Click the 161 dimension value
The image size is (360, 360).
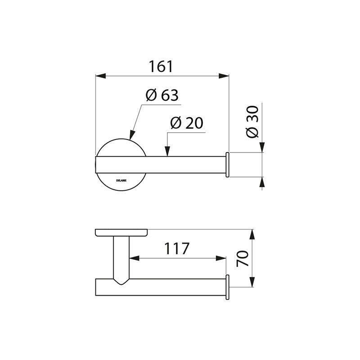click(x=161, y=67)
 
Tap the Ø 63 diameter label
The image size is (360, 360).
click(x=162, y=95)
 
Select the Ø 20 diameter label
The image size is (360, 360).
click(x=187, y=123)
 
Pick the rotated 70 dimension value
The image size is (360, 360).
click(x=243, y=260)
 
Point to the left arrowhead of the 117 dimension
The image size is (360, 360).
click(x=133, y=258)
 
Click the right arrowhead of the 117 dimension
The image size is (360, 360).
click(x=222, y=258)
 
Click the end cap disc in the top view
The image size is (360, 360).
click(x=228, y=164)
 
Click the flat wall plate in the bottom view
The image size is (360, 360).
click(x=122, y=233)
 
